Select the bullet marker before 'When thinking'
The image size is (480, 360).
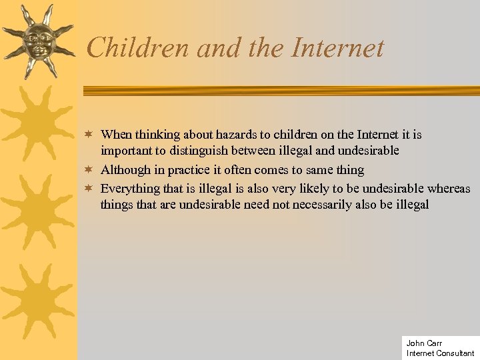click(90, 135)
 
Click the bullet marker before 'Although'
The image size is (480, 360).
click(90, 170)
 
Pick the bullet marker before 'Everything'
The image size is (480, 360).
click(90, 189)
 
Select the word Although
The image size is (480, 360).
click(126, 170)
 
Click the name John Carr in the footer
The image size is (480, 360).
click(424, 343)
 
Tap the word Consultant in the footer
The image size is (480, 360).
click(455, 353)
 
